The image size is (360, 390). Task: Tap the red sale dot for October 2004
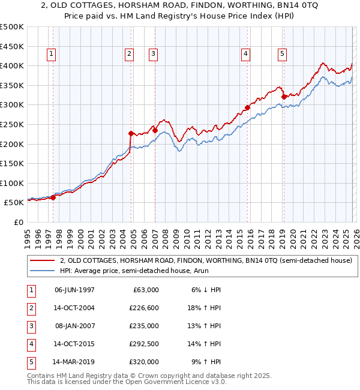(x=131, y=133)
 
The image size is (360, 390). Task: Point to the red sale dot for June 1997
(x=53, y=197)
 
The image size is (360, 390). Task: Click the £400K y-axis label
(x=13, y=65)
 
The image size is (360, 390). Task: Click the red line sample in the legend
(x=43, y=260)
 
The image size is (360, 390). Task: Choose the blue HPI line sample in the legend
(x=43, y=271)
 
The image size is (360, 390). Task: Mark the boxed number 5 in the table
(x=29, y=362)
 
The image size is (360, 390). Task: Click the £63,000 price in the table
(x=145, y=290)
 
